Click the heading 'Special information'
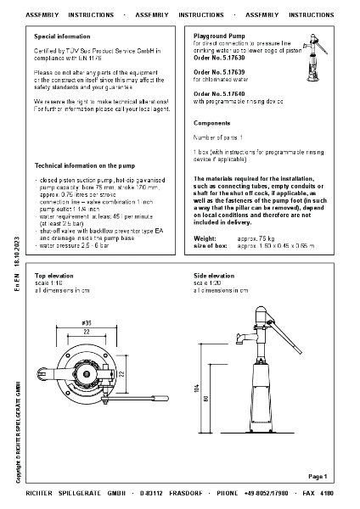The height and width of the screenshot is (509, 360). pos(61,37)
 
